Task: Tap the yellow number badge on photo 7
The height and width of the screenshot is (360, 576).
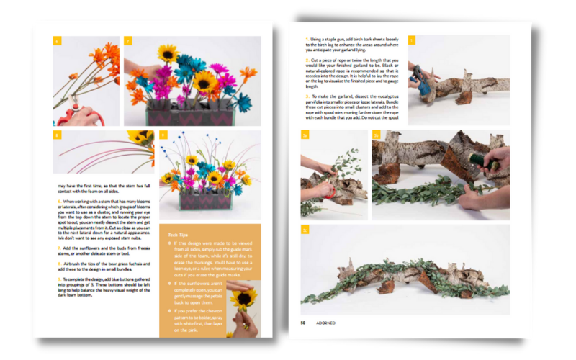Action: click(x=128, y=41)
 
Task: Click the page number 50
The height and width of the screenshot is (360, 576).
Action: click(x=302, y=323)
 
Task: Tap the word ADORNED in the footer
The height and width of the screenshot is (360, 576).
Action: click(x=325, y=323)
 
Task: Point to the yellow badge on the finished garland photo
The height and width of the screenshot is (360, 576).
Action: click(x=305, y=230)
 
